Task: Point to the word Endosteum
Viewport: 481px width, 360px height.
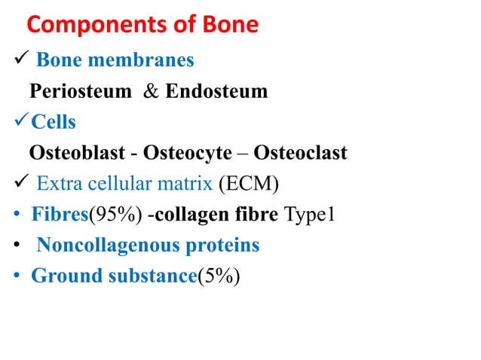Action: pos(216,92)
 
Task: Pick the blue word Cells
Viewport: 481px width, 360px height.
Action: pos(53,123)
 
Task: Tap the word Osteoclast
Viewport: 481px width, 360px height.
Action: pos(300,154)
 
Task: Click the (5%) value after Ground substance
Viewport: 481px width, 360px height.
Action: pos(219,276)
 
